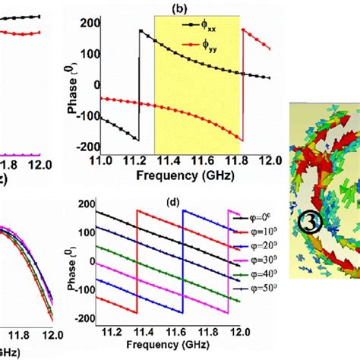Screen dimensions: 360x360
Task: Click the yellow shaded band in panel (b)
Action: click(x=197, y=84)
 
